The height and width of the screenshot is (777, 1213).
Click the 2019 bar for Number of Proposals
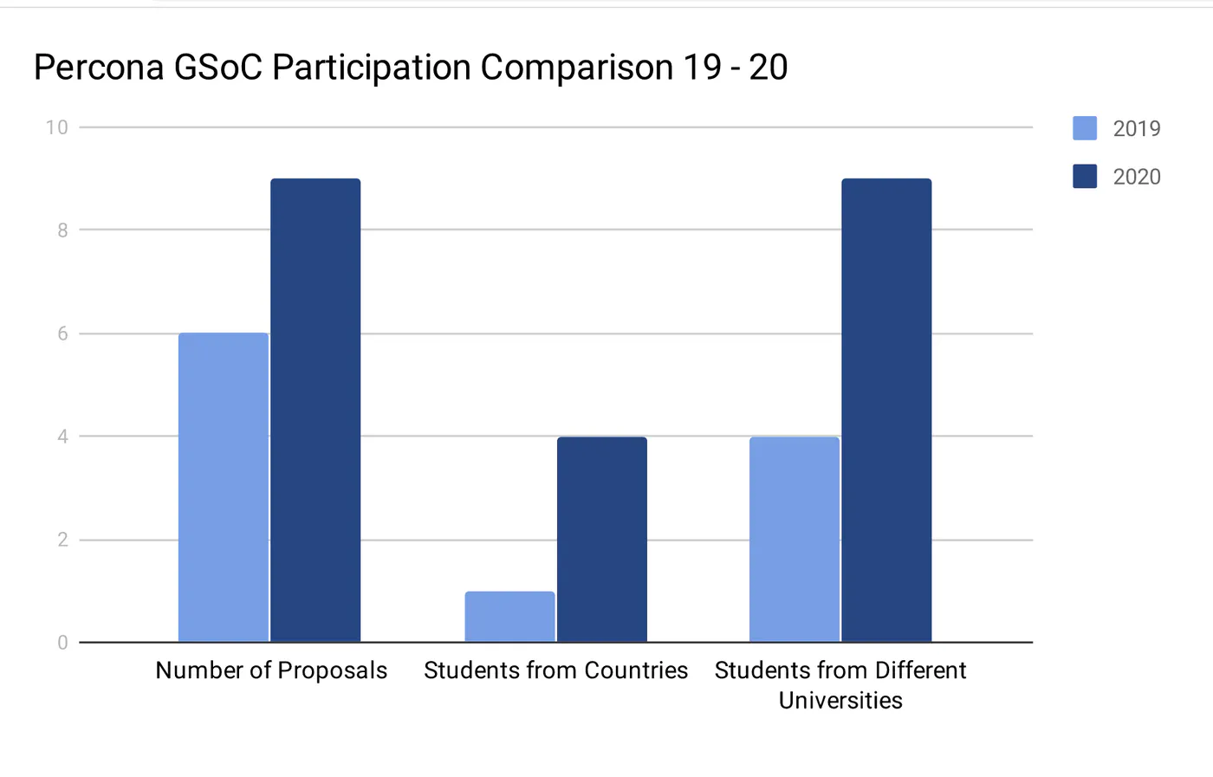(x=224, y=488)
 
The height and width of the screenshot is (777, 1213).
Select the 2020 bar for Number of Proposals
(x=315, y=410)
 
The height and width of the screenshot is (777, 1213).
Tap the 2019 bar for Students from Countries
(x=509, y=617)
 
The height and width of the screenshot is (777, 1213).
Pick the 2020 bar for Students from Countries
(x=602, y=540)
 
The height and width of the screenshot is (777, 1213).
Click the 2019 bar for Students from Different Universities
(x=795, y=540)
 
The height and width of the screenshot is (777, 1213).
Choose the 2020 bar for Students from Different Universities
(x=886, y=410)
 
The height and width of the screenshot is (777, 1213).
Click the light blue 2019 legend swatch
(x=1085, y=128)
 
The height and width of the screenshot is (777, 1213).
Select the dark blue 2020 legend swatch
(x=1085, y=176)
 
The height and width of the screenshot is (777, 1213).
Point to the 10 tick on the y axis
(x=57, y=128)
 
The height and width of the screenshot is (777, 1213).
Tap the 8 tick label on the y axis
(x=62, y=230)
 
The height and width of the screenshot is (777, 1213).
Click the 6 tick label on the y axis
(x=62, y=333)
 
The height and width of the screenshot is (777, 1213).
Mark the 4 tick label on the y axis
(x=62, y=437)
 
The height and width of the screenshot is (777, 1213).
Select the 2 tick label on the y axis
(x=62, y=540)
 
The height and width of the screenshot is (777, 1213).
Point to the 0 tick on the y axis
(x=62, y=643)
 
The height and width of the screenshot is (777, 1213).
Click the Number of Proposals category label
(x=271, y=670)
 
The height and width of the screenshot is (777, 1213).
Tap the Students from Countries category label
(x=555, y=670)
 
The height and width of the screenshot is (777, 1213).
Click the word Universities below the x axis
(x=840, y=700)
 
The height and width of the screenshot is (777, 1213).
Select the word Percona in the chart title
(x=99, y=68)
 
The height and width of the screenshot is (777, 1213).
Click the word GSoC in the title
(x=218, y=68)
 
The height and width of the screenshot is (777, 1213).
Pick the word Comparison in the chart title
(x=576, y=68)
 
